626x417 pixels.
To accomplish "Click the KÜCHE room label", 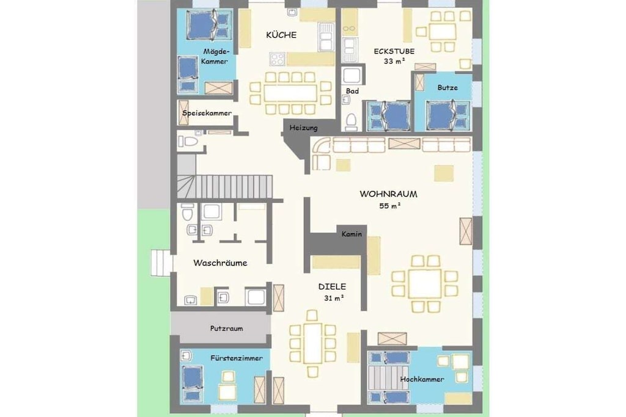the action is click(x=281, y=35).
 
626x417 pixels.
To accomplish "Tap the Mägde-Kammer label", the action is click(x=216, y=56).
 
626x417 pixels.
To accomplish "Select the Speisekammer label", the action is click(x=207, y=113).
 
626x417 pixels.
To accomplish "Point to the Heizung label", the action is click(x=303, y=128).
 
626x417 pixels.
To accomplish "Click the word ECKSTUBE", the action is click(x=394, y=51).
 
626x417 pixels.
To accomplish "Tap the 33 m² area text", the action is click(x=394, y=61).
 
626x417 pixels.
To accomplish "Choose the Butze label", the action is click(x=447, y=87).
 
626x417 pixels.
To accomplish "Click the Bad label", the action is click(x=352, y=91).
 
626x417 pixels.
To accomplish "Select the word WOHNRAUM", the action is click(x=388, y=194).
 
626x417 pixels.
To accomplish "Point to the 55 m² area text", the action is click(x=389, y=206).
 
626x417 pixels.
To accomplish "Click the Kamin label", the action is click(x=352, y=234).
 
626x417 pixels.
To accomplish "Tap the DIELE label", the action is click(x=332, y=286).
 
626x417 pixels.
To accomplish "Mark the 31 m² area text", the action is click(x=334, y=298).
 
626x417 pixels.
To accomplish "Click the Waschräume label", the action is click(x=220, y=263).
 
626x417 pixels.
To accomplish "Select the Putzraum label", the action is click(x=226, y=328).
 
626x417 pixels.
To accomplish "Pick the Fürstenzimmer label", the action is click(x=237, y=358).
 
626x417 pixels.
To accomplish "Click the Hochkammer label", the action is click(x=422, y=379).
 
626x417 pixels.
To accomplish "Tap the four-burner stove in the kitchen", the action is click(x=278, y=59).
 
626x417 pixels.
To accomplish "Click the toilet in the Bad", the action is click(x=351, y=121).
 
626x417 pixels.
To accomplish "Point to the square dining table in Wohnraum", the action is click(x=425, y=283).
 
